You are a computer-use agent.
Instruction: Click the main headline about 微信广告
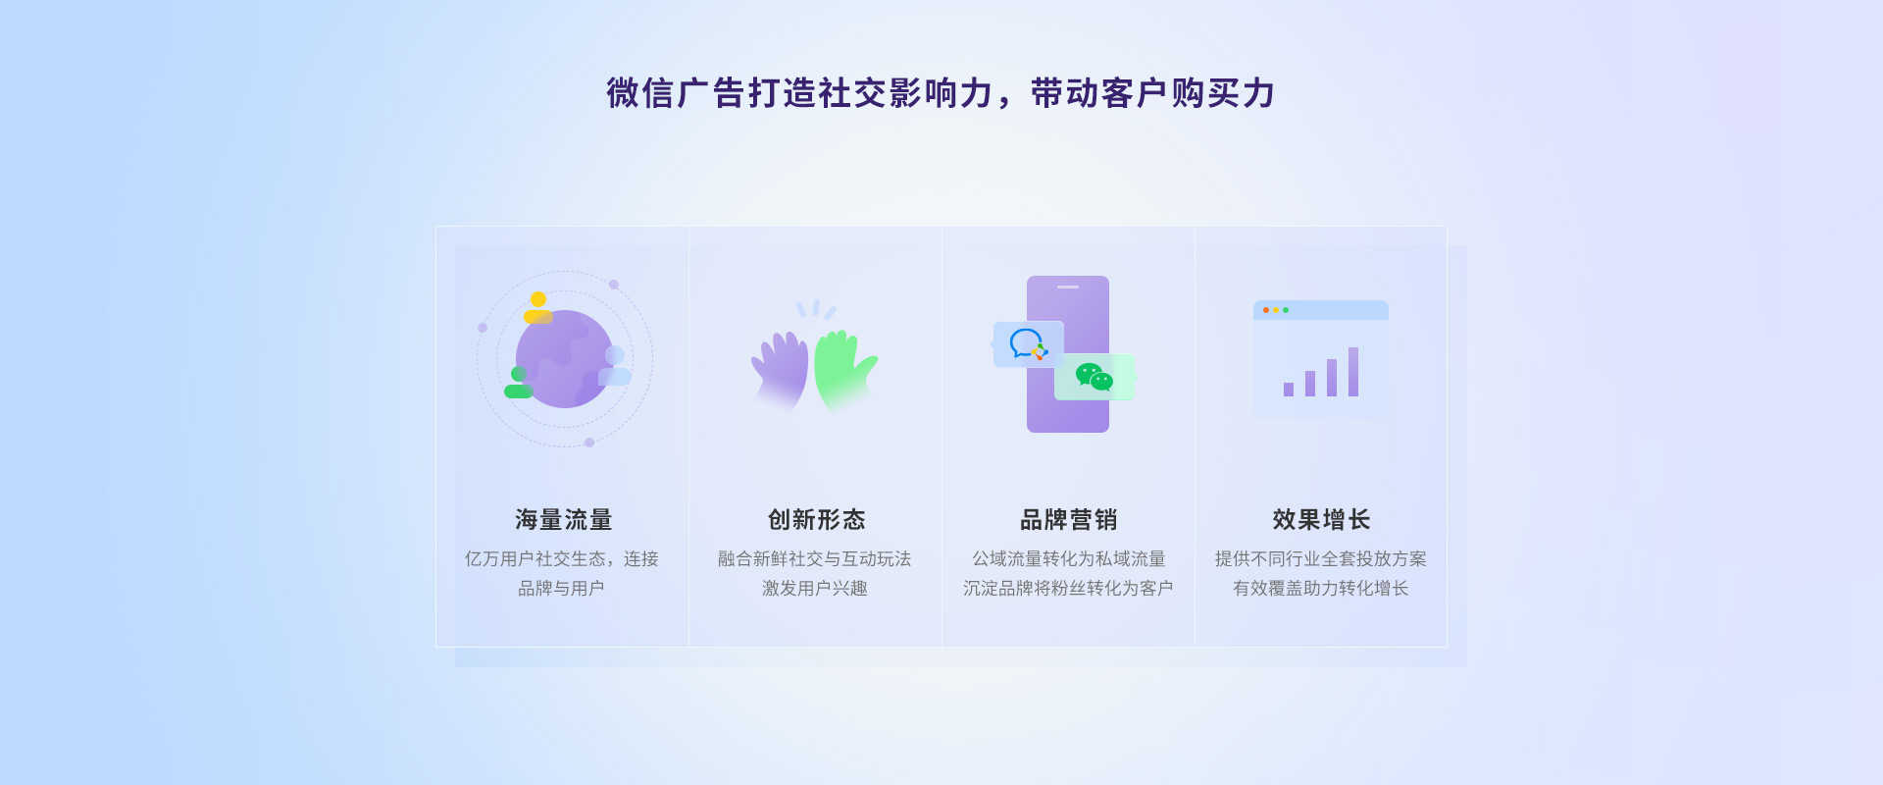pyautogui.click(x=941, y=93)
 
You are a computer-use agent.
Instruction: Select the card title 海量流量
pyautogui.click(x=564, y=519)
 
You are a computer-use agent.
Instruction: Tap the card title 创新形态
pyautogui.click(x=816, y=519)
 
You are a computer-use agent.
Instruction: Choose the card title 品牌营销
pyautogui.click(x=1068, y=519)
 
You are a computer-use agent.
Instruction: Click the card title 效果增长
pyautogui.click(x=1321, y=519)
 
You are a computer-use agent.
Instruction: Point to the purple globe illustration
pyautogui.click(x=565, y=359)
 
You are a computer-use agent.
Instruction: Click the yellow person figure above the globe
pyautogui.click(x=538, y=307)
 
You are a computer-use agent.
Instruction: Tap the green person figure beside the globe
pyautogui.click(x=518, y=382)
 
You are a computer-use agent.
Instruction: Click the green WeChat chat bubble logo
pyautogui.click(x=1094, y=377)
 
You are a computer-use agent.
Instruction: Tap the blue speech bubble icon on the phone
pyautogui.click(x=1026, y=342)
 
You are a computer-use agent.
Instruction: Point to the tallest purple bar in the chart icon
pyautogui.click(x=1353, y=372)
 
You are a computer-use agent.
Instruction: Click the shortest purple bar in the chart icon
pyautogui.click(x=1289, y=390)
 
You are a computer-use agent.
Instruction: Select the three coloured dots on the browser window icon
pyautogui.click(x=1276, y=310)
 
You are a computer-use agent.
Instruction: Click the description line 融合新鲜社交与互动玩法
pyautogui.click(x=815, y=558)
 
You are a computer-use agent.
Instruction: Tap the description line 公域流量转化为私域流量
pyautogui.click(x=1068, y=558)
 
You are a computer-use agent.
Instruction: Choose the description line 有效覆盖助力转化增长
pyautogui.click(x=1321, y=588)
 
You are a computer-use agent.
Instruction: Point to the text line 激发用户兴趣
pyautogui.click(x=815, y=588)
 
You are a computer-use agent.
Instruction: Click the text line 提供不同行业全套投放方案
pyautogui.click(x=1321, y=558)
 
